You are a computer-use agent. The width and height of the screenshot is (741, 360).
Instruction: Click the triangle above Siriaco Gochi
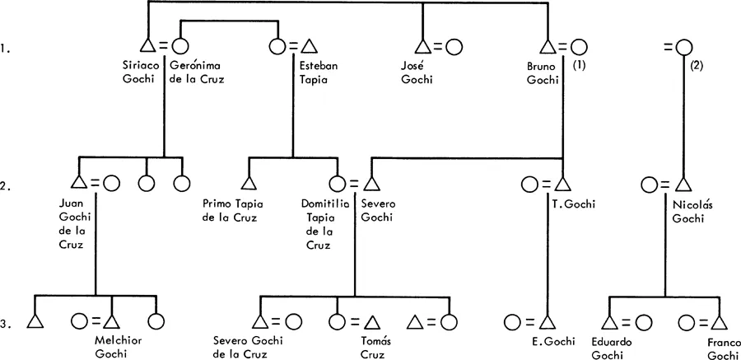148,48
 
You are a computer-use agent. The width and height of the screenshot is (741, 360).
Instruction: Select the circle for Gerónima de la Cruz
179,48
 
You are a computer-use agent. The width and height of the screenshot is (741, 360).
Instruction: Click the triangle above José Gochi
422,48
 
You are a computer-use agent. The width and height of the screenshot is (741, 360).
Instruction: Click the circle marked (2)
683,48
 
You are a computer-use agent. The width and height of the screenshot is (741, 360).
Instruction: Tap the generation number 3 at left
6,324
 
